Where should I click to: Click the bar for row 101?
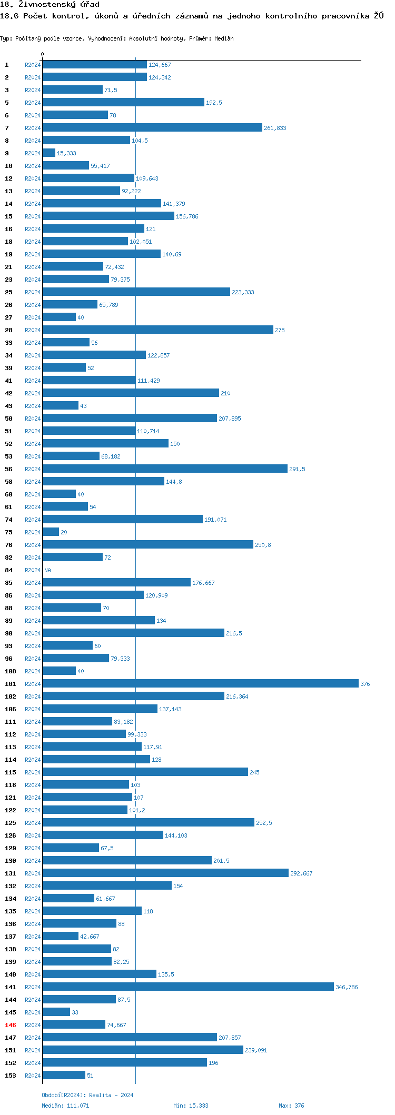[200, 683]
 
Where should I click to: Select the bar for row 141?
[188, 987]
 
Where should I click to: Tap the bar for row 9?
[49, 153]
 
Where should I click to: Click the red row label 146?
[11, 1025]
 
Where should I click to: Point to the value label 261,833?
[275, 128]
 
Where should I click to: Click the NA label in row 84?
[47, 570]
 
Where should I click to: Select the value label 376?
[365, 684]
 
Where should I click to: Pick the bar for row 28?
[158, 330]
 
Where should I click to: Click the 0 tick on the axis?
[43, 54]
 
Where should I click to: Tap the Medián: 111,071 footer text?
[65, 1106]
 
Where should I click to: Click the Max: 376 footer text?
[291, 1106]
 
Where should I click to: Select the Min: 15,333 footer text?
[191, 1106]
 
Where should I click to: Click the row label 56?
[9, 469]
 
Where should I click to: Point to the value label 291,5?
[297, 469]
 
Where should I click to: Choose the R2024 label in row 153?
[33, 1076]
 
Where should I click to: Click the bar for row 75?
[51, 532]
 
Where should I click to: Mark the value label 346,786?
[347, 987]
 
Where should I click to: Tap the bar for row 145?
[56, 1012]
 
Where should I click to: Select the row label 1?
[7, 65]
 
